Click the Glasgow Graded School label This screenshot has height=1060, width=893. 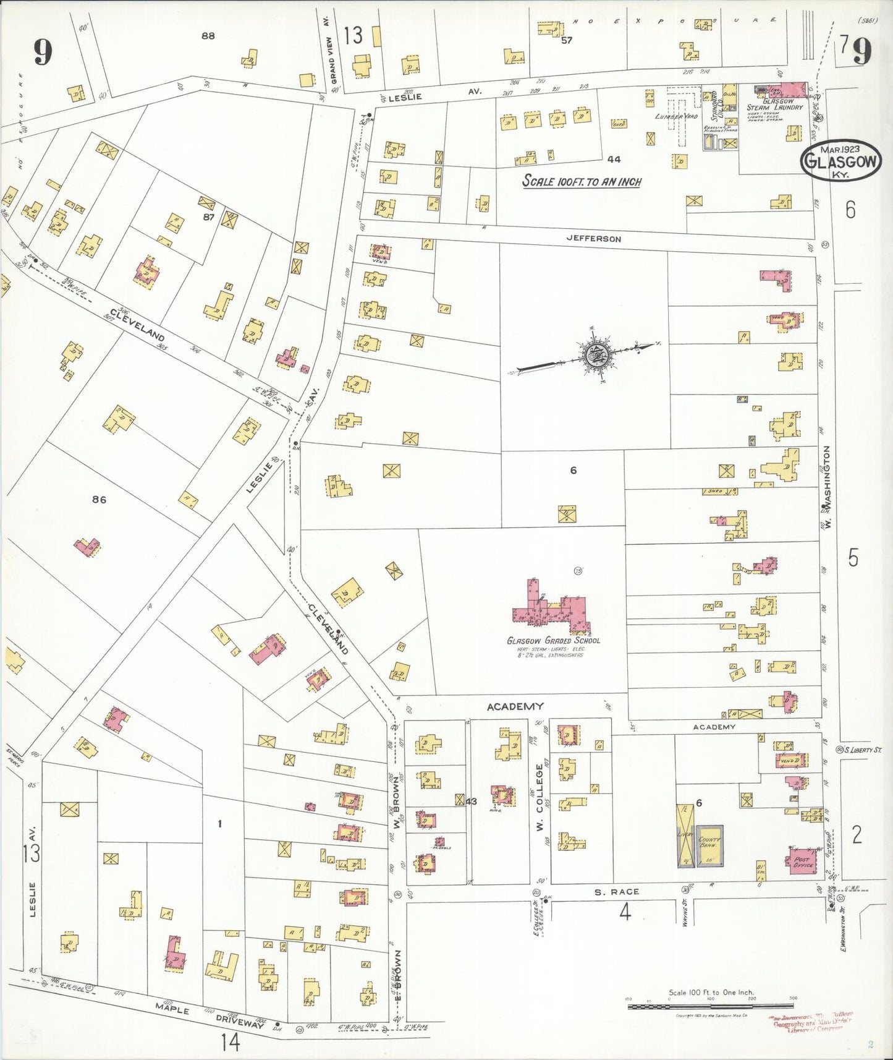pos(552,641)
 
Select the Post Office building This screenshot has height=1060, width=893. pos(802,861)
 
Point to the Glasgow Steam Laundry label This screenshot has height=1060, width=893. pos(776,105)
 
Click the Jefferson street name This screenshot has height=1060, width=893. pos(593,239)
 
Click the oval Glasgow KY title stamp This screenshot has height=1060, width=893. pos(840,160)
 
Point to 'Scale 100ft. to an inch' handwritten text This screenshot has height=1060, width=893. pos(582,181)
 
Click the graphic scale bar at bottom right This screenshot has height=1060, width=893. pos(711,1007)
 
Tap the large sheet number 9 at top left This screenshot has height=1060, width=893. pos(42,52)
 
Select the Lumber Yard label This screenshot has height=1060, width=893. pos(676,116)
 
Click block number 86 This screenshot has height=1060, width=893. pos(99,500)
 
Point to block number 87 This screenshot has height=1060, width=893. pos(208,217)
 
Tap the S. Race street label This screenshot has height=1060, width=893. pos(617,892)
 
